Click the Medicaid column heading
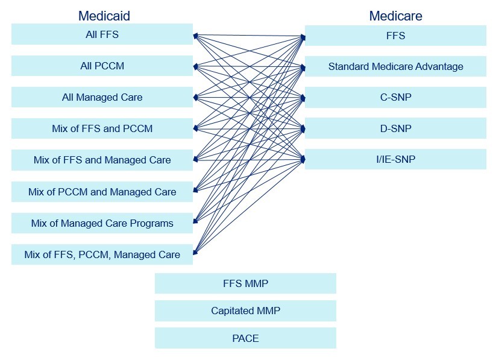(x=104, y=16)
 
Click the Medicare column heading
(x=395, y=16)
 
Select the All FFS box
(x=102, y=34)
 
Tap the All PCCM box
(x=102, y=66)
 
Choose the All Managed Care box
(x=102, y=97)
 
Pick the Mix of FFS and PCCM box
(x=102, y=128)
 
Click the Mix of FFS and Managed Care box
(x=102, y=160)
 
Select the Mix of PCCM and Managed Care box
(x=102, y=192)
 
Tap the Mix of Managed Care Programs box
(x=102, y=223)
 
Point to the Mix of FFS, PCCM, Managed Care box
(x=102, y=254)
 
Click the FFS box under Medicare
(x=395, y=36)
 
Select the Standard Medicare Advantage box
(x=395, y=66)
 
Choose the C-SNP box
(x=395, y=97)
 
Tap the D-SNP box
(x=395, y=128)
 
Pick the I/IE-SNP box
(x=395, y=159)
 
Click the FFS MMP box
(x=245, y=283)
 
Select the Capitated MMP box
(x=245, y=311)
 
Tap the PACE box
(x=245, y=338)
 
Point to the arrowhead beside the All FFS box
(x=195, y=36)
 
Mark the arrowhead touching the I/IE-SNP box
(x=303, y=159)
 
